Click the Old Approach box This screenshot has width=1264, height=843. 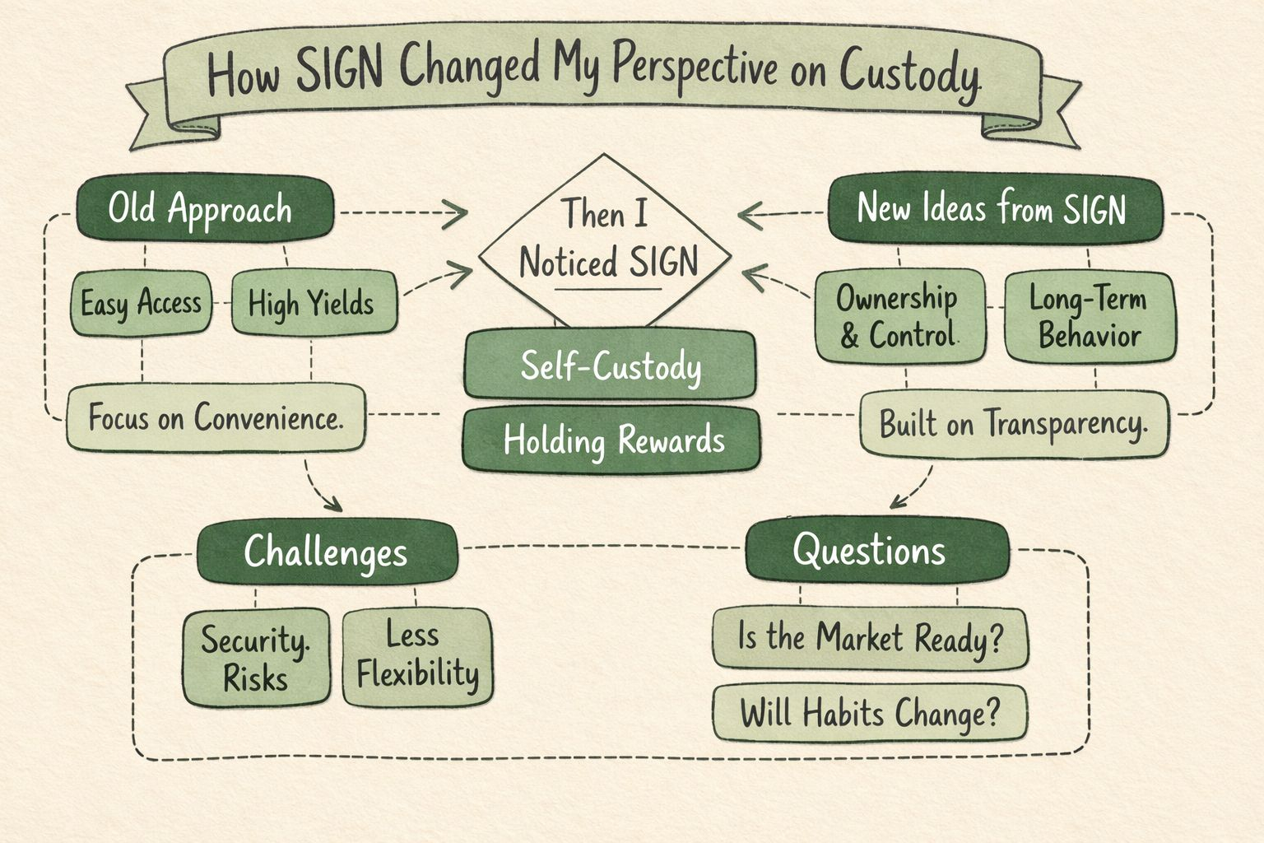pyautogui.click(x=205, y=209)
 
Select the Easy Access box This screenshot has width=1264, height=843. pyautogui.click(x=141, y=304)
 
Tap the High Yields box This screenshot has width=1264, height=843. pyautogui.click(x=313, y=304)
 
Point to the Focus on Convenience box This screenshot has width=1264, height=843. pyautogui.click(x=216, y=418)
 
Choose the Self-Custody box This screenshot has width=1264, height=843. pyautogui.click(x=610, y=366)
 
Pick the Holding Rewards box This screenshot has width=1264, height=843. pyautogui.click(x=612, y=440)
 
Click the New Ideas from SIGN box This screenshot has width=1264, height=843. pyautogui.click(x=994, y=208)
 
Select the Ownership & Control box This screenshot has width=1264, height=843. pyautogui.click(x=899, y=317)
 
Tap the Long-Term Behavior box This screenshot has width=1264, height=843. pyautogui.click(x=1090, y=317)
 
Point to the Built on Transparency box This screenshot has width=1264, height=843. pyautogui.click(x=1014, y=424)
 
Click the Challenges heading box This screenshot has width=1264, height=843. pyautogui.click(x=327, y=552)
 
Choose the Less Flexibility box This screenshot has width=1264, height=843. pyautogui.click(x=417, y=657)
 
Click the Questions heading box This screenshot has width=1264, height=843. pyautogui.click(x=876, y=550)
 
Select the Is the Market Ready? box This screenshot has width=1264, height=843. pyautogui.click(x=870, y=637)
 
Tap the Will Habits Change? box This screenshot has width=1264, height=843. pyautogui.click(x=870, y=713)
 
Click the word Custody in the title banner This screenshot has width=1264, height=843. pyautogui.click(x=909, y=74)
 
